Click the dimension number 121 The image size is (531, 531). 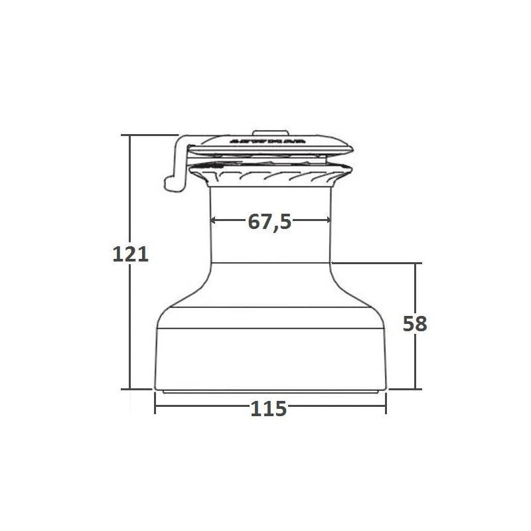(x=130, y=254)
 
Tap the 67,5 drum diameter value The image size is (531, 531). (x=270, y=222)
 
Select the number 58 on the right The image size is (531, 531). (x=415, y=324)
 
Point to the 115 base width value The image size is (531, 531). (x=269, y=409)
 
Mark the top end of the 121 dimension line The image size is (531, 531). (x=130, y=135)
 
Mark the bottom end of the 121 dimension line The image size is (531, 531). (x=130, y=389)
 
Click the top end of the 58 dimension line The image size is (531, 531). (x=416, y=264)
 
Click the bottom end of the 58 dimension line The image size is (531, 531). (x=416, y=389)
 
